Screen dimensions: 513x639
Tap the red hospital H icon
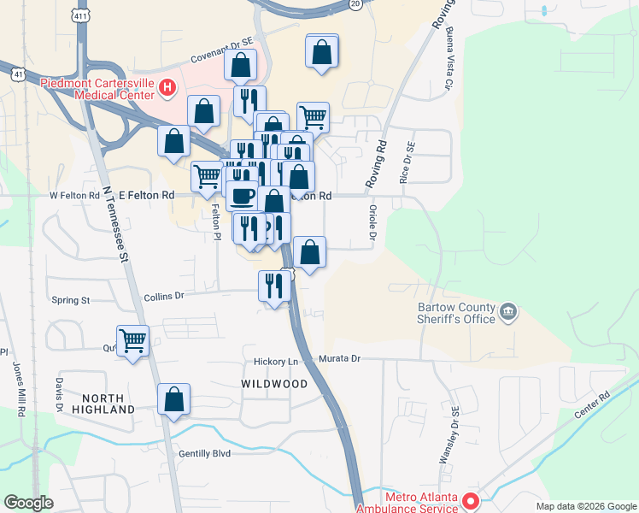tap(167, 86)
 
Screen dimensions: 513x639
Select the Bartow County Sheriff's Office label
tap(455, 313)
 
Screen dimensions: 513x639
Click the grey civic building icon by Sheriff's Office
tap(508, 310)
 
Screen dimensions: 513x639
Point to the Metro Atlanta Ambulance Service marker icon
tap(469, 500)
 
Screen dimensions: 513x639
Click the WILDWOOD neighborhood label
tap(274, 385)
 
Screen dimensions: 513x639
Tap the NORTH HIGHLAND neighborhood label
tap(108, 404)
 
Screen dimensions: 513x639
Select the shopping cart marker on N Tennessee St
tap(132, 341)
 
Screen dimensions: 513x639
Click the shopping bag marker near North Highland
tap(173, 399)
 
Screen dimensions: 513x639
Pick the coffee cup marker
tap(241, 196)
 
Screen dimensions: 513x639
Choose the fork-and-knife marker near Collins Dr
tap(274, 286)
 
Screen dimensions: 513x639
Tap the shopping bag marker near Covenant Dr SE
tap(241, 65)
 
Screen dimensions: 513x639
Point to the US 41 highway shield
tap(18, 74)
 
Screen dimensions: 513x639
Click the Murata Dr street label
tap(341, 359)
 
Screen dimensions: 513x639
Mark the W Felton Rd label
tap(75, 195)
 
